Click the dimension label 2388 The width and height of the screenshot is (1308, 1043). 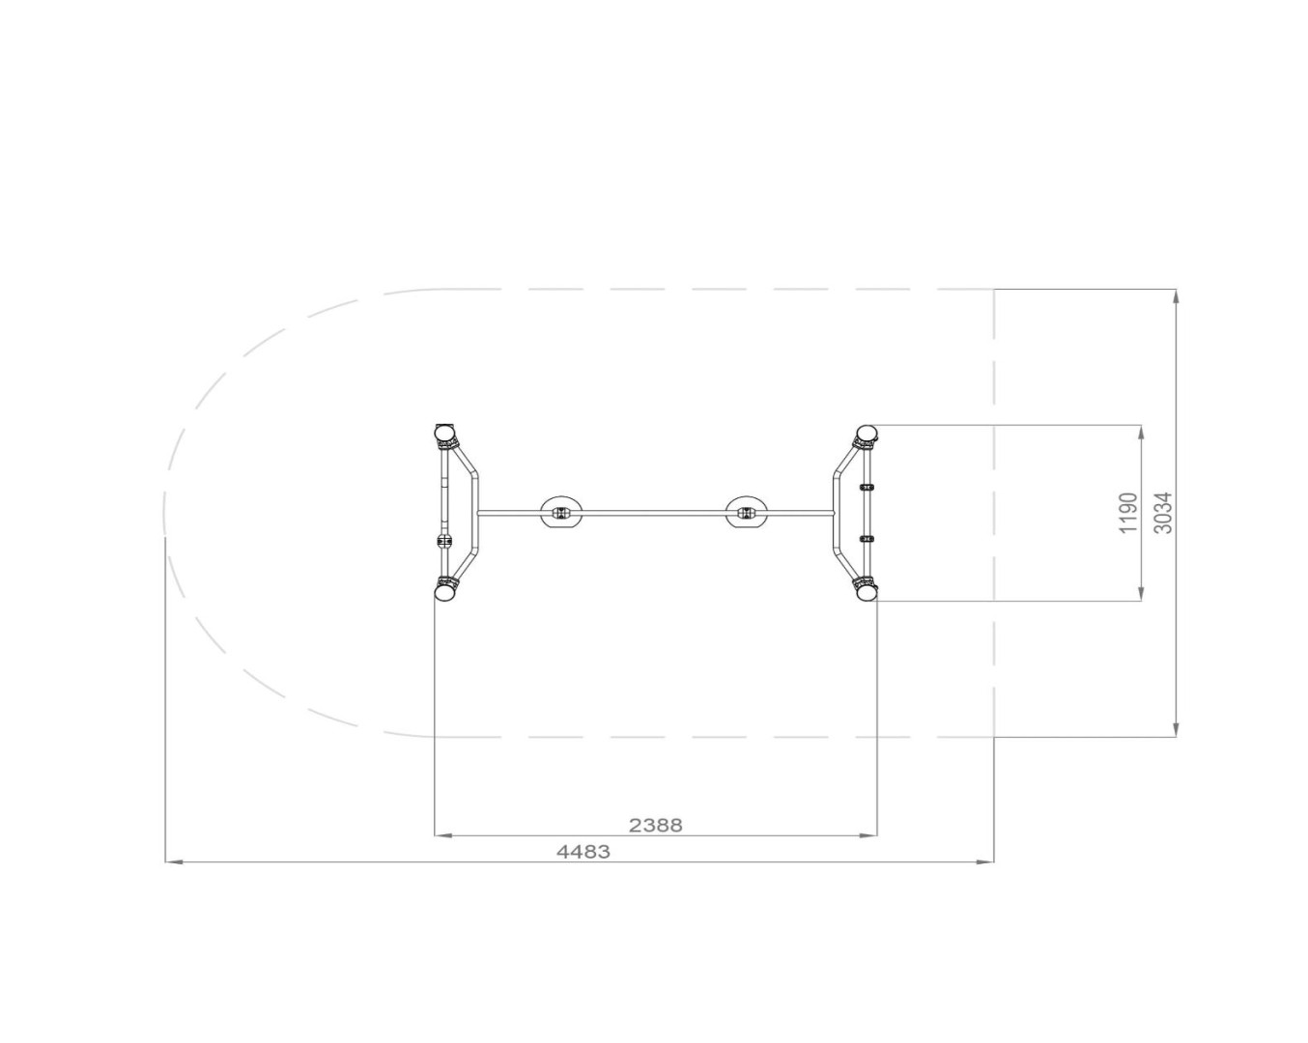(x=656, y=826)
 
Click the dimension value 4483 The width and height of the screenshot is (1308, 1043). (x=583, y=852)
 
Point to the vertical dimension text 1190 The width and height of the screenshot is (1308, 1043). (x=1128, y=514)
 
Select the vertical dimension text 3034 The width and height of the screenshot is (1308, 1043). (x=1163, y=513)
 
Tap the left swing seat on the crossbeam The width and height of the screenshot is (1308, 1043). (x=561, y=513)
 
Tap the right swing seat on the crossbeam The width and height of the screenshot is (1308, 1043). (x=746, y=513)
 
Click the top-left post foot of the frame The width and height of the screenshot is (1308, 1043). (x=445, y=433)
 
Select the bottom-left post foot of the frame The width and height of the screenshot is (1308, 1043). (x=445, y=591)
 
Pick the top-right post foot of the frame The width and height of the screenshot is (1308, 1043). (x=867, y=433)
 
